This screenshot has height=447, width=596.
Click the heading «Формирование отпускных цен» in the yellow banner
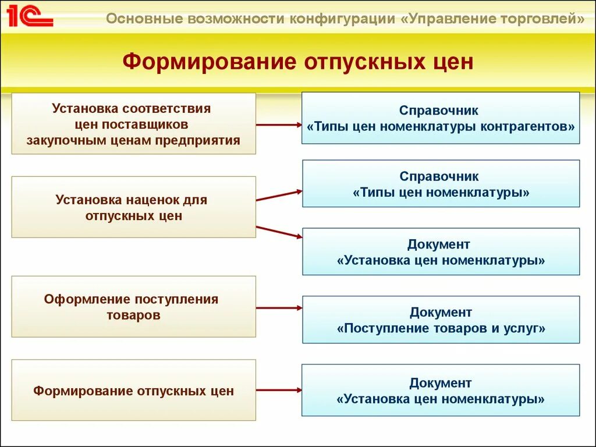(x=298, y=61)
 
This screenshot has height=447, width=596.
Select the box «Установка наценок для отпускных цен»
(x=134, y=207)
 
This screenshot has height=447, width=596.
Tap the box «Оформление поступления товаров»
(x=134, y=307)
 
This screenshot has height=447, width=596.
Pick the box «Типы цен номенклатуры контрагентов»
(x=441, y=118)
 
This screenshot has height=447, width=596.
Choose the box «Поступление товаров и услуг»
(x=441, y=320)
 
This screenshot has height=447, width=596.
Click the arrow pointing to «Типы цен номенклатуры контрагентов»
(x=279, y=125)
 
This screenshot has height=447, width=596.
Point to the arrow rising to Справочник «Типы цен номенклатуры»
(x=279, y=196)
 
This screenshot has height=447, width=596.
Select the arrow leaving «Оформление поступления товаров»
(x=279, y=308)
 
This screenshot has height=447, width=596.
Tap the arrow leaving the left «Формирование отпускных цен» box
(x=279, y=390)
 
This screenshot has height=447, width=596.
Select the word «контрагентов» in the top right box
(x=528, y=126)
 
